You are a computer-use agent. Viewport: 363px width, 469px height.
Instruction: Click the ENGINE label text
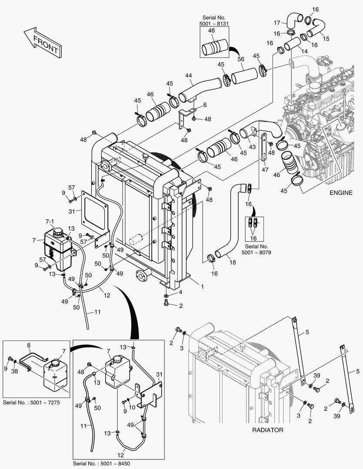(x=341, y=193)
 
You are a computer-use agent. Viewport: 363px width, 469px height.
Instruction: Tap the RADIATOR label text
(x=268, y=430)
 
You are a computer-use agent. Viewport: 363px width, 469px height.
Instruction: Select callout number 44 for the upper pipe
(x=188, y=76)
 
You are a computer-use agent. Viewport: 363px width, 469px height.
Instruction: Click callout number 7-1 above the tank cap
(x=51, y=221)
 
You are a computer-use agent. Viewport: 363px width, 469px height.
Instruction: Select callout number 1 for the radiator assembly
(x=202, y=286)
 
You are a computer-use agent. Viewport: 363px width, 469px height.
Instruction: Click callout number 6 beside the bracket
(x=205, y=105)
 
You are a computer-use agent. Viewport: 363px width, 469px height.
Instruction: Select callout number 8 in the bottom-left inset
(x=29, y=346)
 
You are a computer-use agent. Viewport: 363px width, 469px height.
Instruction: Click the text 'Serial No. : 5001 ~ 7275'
(x=31, y=403)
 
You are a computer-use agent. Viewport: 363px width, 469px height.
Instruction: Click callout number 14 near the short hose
(x=304, y=51)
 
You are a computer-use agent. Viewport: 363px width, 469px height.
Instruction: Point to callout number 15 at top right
(x=326, y=39)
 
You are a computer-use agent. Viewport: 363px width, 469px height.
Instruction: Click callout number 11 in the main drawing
(x=97, y=312)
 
